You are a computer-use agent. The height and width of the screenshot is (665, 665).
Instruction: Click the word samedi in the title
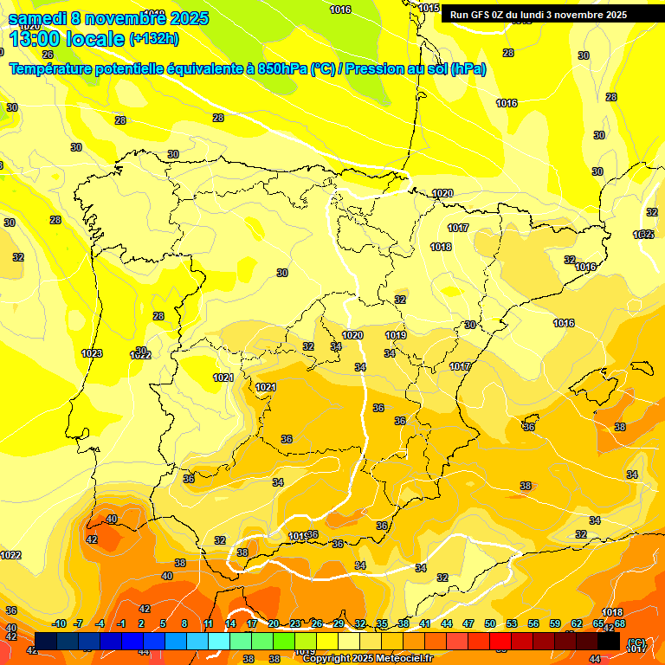(36, 18)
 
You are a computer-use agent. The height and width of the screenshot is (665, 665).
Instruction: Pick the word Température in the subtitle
(53, 69)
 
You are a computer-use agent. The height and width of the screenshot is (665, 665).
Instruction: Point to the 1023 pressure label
(92, 353)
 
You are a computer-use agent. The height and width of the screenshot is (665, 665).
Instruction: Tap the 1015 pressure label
(429, 8)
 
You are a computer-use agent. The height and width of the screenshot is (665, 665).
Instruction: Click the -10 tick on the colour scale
(59, 624)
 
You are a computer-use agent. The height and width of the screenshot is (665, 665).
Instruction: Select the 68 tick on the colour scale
(620, 624)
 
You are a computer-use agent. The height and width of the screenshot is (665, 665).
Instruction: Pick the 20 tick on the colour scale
(274, 624)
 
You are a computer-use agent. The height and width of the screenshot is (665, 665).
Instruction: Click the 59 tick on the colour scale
(555, 624)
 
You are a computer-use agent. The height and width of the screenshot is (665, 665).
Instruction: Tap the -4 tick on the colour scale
(100, 624)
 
